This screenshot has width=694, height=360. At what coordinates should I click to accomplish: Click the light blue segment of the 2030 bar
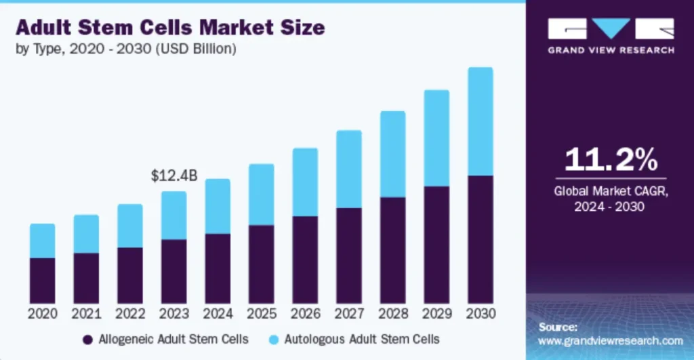481,121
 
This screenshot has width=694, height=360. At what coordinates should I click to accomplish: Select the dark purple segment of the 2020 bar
43,280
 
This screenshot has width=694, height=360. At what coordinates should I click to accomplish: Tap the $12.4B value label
174,176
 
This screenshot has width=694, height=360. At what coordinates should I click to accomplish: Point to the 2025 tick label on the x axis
262,314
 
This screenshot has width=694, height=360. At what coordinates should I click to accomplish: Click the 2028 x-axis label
393,314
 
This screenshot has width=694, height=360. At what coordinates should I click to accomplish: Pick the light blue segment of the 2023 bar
174,215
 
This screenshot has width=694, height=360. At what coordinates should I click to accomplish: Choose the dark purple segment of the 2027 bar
349,255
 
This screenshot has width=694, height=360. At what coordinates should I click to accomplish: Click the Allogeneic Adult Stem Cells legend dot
87,339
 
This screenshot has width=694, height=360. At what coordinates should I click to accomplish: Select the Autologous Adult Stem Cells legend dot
275,339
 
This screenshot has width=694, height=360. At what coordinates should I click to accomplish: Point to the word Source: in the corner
558,327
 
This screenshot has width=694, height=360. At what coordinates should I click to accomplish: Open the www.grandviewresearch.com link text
611,340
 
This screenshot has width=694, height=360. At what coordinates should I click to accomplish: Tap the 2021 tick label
87,314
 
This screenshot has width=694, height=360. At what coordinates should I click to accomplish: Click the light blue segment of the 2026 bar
306,182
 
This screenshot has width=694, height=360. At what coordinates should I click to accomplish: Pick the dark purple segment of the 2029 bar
436,244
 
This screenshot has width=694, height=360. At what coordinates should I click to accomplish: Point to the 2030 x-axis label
481,314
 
